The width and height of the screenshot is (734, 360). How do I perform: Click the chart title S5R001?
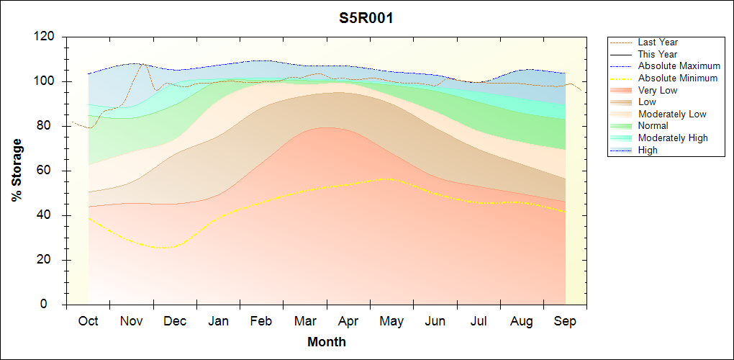tap(366, 19)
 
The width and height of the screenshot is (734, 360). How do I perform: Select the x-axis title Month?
tap(327, 342)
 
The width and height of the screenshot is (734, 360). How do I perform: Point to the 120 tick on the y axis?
tap(47, 37)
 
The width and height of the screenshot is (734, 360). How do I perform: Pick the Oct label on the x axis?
tap(88, 321)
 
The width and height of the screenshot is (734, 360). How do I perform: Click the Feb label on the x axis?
tap(261, 321)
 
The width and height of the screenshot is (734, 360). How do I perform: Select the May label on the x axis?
tap(391, 321)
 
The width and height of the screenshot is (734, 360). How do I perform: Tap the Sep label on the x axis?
tap(565, 321)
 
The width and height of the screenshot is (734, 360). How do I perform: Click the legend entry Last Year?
tap(657, 42)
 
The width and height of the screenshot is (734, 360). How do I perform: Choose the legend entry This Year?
tap(657, 54)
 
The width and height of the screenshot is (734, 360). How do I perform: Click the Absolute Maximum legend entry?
tap(679, 66)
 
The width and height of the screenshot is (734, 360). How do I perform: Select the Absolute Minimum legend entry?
tap(677, 78)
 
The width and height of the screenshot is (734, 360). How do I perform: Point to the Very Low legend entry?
tap(658, 90)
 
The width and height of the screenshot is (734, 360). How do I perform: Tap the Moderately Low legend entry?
tap(672, 114)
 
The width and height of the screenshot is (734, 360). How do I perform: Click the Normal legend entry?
tap(653, 126)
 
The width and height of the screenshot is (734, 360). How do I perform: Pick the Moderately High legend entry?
tap(673, 138)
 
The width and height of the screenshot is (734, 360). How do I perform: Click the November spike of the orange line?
tap(142, 64)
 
